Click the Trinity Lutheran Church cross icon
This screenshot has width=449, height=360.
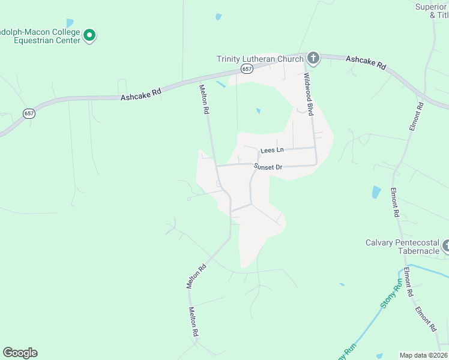[313, 58]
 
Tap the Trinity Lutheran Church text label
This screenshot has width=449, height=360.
[261, 59]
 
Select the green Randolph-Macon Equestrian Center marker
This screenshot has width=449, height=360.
[89, 36]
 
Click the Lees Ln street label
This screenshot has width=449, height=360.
[271, 150]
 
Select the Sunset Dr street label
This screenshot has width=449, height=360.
[268, 167]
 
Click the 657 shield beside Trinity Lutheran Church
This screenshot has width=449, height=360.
[247, 70]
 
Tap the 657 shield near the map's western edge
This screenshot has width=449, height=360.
[28, 113]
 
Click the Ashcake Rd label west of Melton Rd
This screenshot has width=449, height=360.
[141, 94]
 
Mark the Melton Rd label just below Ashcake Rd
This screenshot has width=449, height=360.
[204, 100]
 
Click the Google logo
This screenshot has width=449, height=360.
[20, 352]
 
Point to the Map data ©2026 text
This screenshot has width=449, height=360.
[424, 355]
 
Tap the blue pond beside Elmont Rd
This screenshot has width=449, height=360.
[376, 192]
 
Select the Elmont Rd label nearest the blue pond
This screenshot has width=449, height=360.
[394, 202]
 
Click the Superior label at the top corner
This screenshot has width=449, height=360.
[432, 7]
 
